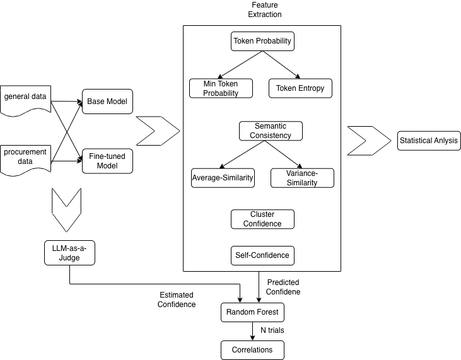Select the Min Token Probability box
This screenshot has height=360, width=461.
[x=221, y=88]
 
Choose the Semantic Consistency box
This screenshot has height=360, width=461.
[x=271, y=131]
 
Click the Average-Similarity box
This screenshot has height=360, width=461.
[x=223, y=178]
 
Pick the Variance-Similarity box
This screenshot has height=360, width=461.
[x=302, y=178]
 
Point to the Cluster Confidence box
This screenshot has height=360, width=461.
[x=263, y=219]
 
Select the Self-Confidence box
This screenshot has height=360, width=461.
[x=263, y=255]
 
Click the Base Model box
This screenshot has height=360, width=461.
[x=108, y=102]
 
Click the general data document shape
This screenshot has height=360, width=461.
[x=25, y=99]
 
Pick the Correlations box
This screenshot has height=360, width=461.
[x=252, y=349]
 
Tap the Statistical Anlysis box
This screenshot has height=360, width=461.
[x=429, y=140]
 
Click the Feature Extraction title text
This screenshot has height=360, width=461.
[x=264, y=9]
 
